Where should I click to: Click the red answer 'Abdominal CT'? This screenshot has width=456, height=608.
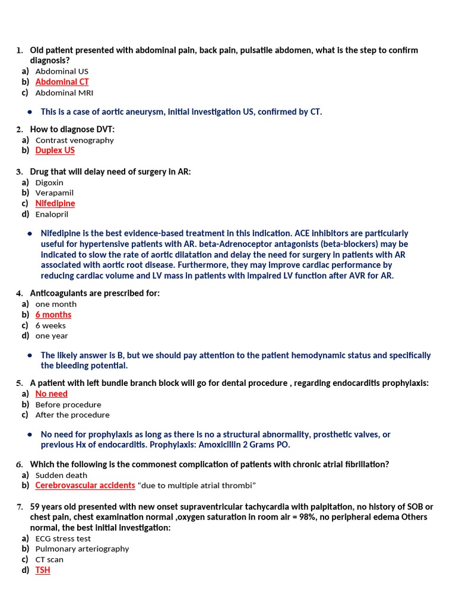point(62,82)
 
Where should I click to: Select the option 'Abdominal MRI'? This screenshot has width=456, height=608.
point(64,93)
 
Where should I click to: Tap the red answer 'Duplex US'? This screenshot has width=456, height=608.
point(55,151)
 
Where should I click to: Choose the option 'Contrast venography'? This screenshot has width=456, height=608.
point(74,140)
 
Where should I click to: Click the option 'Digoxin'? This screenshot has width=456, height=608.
point(49,182)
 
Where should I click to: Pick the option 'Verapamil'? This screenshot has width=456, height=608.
point(55,193)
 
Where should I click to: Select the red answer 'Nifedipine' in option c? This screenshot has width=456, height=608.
point(55,204)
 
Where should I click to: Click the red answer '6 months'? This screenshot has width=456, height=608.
point(53,315)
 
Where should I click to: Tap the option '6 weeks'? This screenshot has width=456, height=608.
point(50,325)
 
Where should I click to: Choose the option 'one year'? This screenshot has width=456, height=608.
point(52,336)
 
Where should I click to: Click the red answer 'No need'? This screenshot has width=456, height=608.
point(51,394)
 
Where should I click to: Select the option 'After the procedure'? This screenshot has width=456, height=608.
point(72,415)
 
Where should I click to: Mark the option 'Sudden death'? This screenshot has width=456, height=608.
point(61,475)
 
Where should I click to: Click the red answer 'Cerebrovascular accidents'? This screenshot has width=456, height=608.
point(85,486)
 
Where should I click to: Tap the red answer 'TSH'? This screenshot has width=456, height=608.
point(43,570)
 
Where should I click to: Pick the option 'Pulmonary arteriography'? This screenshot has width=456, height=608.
point(82,549)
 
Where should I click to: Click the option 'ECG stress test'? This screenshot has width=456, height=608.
point(63,539)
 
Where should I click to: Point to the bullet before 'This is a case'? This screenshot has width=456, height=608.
point(30,112)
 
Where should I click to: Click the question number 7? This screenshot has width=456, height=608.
point(19,507)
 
